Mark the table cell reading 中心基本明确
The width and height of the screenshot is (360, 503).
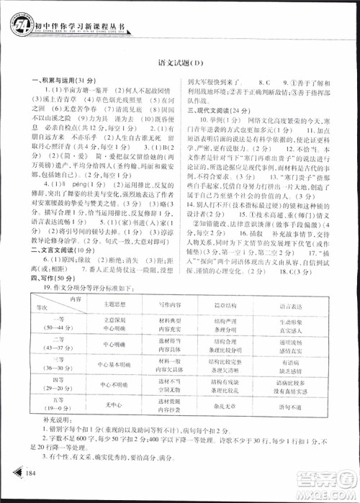click(105, 366)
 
